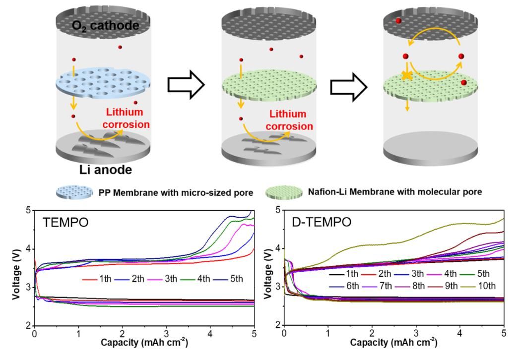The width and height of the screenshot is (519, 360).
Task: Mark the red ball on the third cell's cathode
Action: point(398,21)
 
